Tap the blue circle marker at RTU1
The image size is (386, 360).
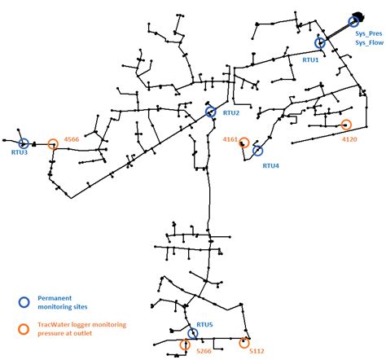(321, 42)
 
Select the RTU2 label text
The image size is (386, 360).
(231, 113)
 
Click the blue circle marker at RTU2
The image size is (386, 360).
(211, 112)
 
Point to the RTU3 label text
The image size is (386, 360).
(20, 152)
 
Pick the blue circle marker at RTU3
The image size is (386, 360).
(23, 143)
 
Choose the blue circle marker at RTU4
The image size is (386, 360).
(258, 151)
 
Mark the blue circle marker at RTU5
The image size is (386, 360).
(193, 333)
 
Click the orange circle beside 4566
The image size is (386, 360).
(53, 144)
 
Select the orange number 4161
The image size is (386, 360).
(230, 140)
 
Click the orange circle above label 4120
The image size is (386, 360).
(346, 125)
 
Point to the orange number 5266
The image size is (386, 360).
(204, 351)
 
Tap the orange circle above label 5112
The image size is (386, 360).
(243, 342)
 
